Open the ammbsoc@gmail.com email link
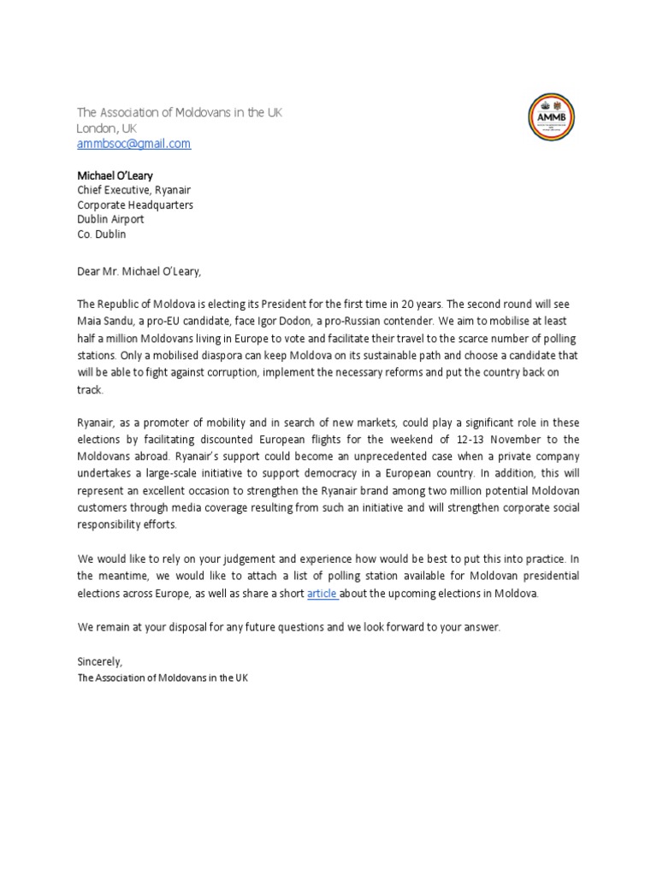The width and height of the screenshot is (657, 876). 133,144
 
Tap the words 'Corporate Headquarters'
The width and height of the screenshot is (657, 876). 135,205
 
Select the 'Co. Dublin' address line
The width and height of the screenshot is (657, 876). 101,234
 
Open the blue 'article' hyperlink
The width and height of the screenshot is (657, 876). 323,594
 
